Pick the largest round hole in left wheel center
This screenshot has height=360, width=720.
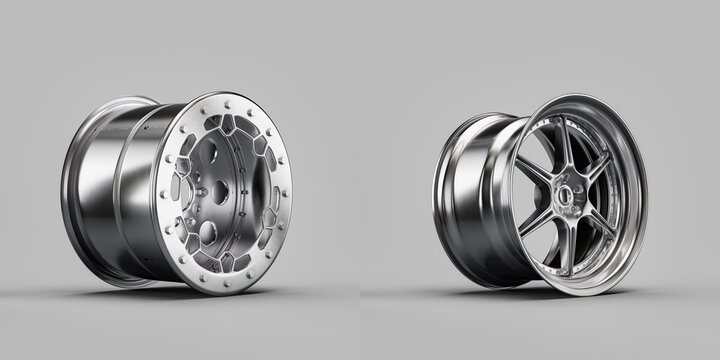point(210,233)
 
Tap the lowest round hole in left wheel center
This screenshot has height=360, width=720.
point(210,233)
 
